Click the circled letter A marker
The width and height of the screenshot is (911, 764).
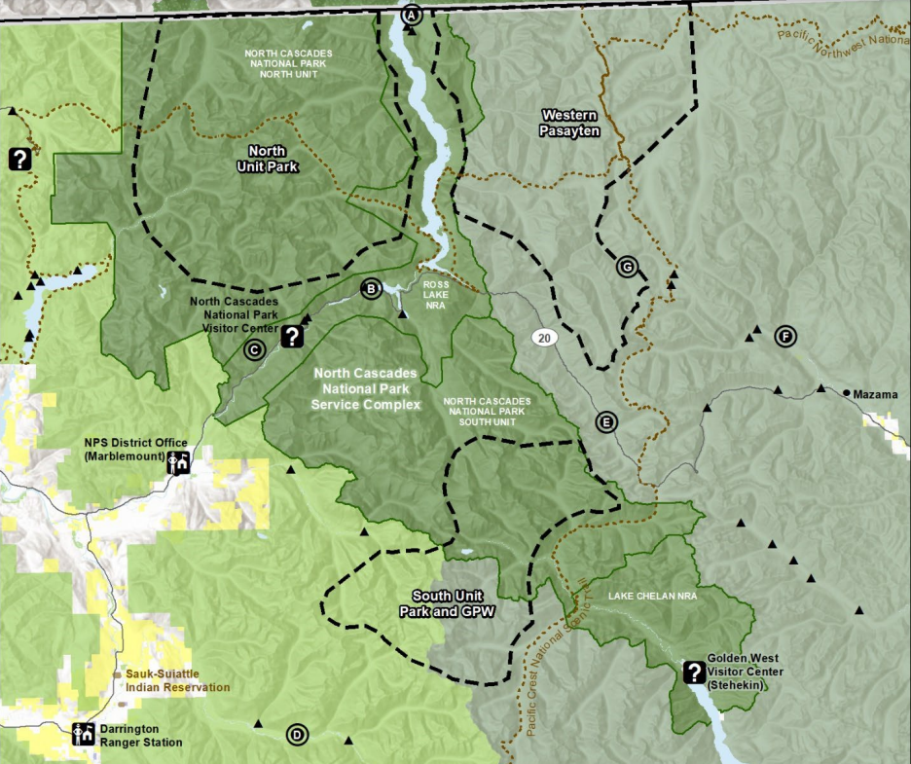click(412, 15)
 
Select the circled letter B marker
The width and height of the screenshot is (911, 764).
click(370, 288)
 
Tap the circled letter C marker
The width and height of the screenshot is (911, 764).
click(254, 350)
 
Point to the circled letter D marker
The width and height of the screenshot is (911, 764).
click(297, 735)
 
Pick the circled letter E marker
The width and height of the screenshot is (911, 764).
click(605, 422)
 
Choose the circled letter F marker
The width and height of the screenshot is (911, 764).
click(784, 338)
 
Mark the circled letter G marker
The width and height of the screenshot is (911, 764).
click(626, 267)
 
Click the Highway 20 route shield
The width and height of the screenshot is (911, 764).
click(544, 338)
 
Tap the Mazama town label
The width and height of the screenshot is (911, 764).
click(874, 395)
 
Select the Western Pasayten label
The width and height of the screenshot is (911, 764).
click(569, 123)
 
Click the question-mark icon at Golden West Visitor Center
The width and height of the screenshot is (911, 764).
click(694, 672)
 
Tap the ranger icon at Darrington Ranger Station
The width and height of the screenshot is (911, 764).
click(84, 735)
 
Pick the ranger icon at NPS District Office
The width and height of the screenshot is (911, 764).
click(178, 462)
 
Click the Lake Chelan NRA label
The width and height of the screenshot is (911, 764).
click(649, 594)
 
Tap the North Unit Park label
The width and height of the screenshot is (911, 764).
click(267, 159)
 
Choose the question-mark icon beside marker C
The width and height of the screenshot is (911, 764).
click(292, 337)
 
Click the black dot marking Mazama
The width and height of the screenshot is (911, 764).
click(846, 395)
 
